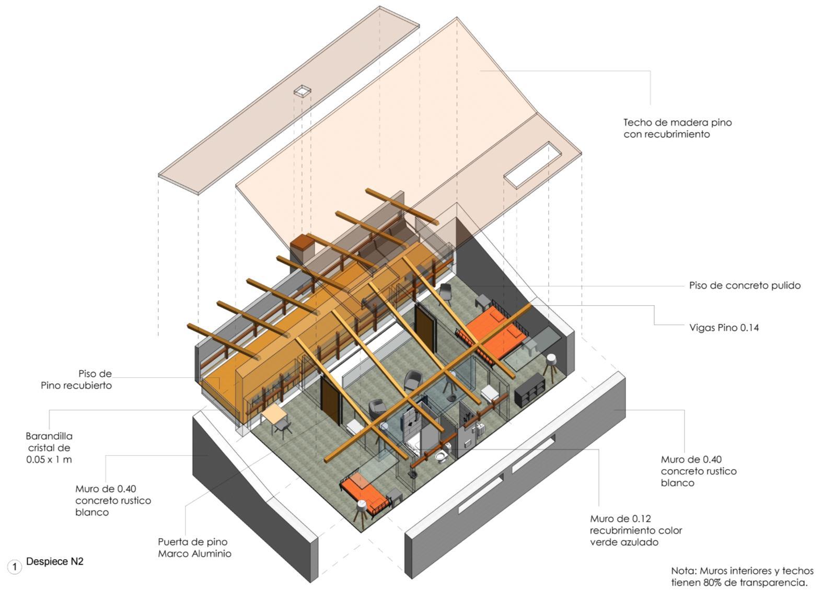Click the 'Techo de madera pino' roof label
tap(677, 128)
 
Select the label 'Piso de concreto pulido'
tap(745, 285)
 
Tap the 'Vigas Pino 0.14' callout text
tap(724, 328)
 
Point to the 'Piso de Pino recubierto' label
tap(76, 380)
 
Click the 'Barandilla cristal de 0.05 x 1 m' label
tap(49, 448)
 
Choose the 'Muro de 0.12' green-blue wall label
tap(636, 530)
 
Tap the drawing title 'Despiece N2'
tap(54, 562)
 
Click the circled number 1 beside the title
tap(15, 567)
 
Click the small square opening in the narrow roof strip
tap(302, 91)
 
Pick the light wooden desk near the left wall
tap(275, 414)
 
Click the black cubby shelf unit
tap(530, 390)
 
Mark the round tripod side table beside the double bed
tap(550, 362)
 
